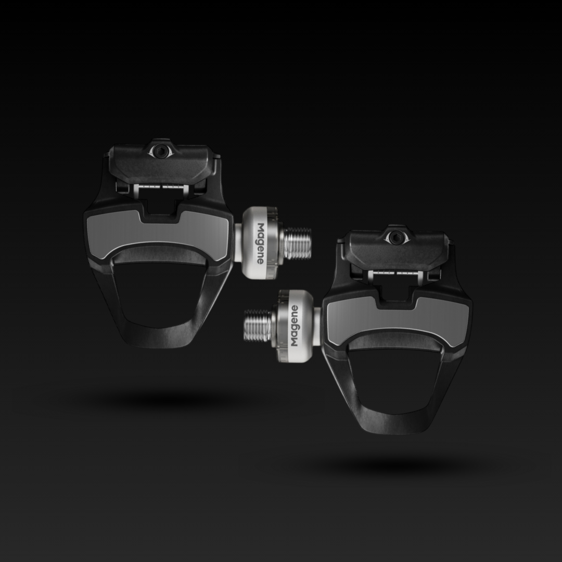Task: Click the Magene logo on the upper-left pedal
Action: pos(261,244)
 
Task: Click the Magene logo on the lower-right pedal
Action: pos(294,326)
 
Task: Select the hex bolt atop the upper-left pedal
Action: pos(161,151)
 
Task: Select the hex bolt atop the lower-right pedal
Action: pos(395,237)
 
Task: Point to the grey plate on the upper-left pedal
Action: pos(158,234)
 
